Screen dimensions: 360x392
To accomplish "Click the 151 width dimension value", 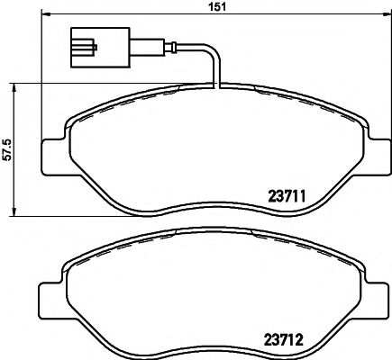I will [215, 8].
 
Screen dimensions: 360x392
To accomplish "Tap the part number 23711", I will [289, 193].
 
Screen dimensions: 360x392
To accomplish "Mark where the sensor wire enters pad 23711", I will [216, 85].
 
